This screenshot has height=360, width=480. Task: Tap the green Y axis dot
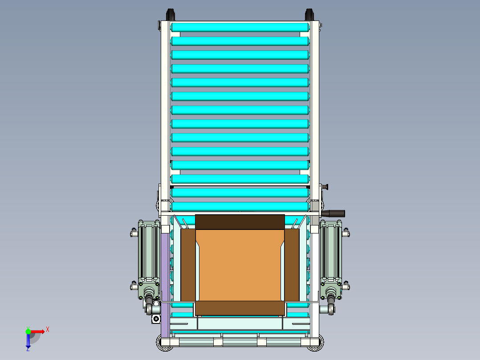click(28, 331)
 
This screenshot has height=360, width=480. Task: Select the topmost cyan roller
click(240, 27)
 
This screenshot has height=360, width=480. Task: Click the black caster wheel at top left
click(171, 15)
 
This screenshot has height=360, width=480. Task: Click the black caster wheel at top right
click(309, 15)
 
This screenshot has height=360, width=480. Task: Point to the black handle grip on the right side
click(334, 213)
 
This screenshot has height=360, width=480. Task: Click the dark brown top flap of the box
click(240, 222)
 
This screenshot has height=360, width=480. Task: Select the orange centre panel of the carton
click(240, 265)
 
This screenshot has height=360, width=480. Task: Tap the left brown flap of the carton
click(188, 265)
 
